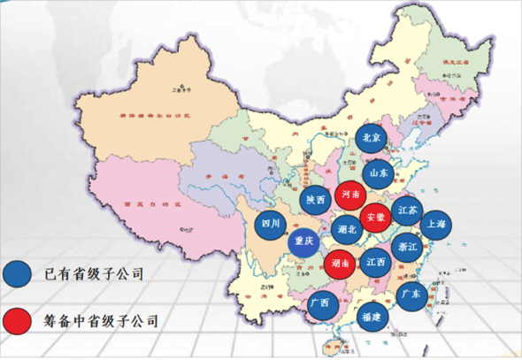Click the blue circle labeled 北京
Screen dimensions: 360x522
372,139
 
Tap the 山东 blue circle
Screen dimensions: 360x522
379,173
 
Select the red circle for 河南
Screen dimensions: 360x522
349,194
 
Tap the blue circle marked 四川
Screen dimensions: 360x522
272,225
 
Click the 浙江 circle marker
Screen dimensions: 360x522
408,246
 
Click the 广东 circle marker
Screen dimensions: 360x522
411,294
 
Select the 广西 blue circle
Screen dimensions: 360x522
320,303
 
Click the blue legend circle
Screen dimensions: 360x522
17,274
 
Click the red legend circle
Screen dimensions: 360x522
17,317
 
